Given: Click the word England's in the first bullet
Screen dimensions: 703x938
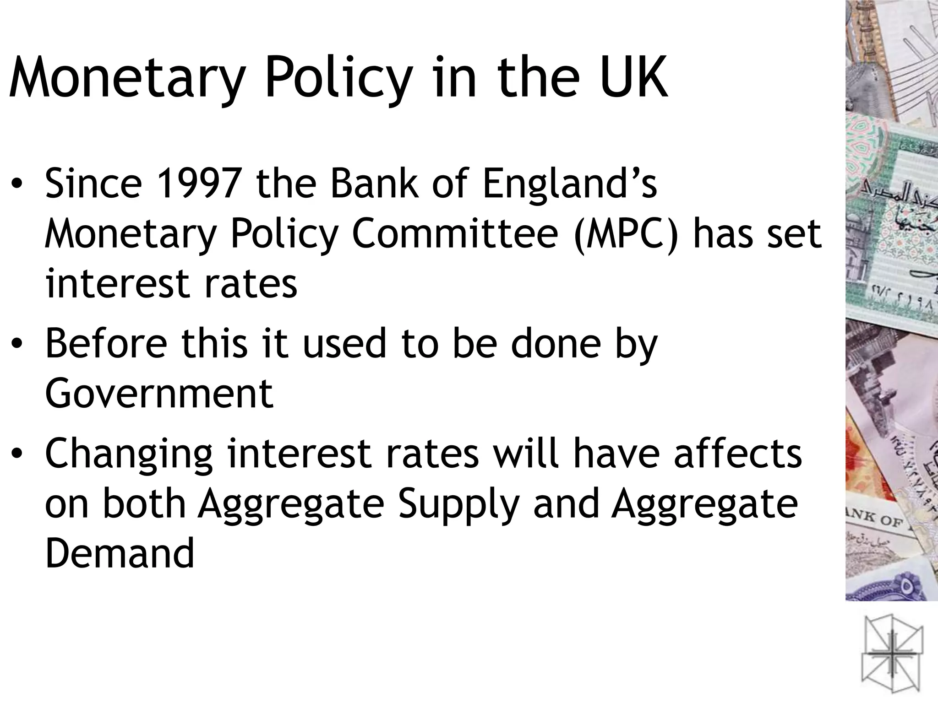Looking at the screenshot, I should click(570, 184).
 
